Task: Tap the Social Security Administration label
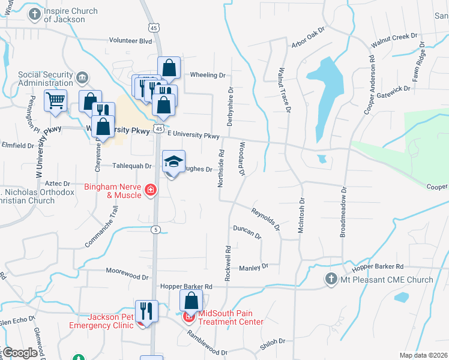click(x=46, y=79)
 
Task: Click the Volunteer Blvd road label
click(x=131, y=41)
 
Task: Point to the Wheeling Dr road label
click(x=208, y=75)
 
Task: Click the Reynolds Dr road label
click(x=266, y=219)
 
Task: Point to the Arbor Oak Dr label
click(x=308, y=36)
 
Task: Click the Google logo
click(x=20, y=353)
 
